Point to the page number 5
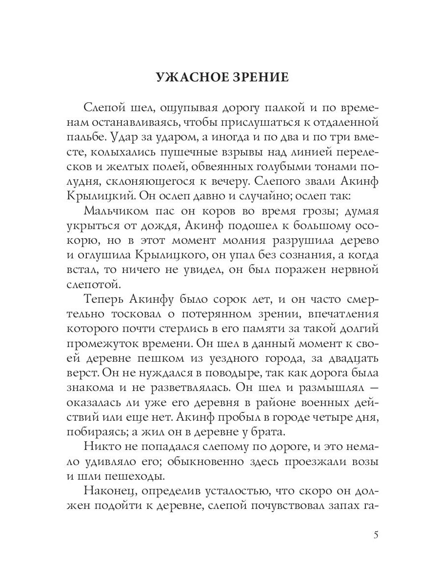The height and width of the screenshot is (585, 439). click(376, 535)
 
